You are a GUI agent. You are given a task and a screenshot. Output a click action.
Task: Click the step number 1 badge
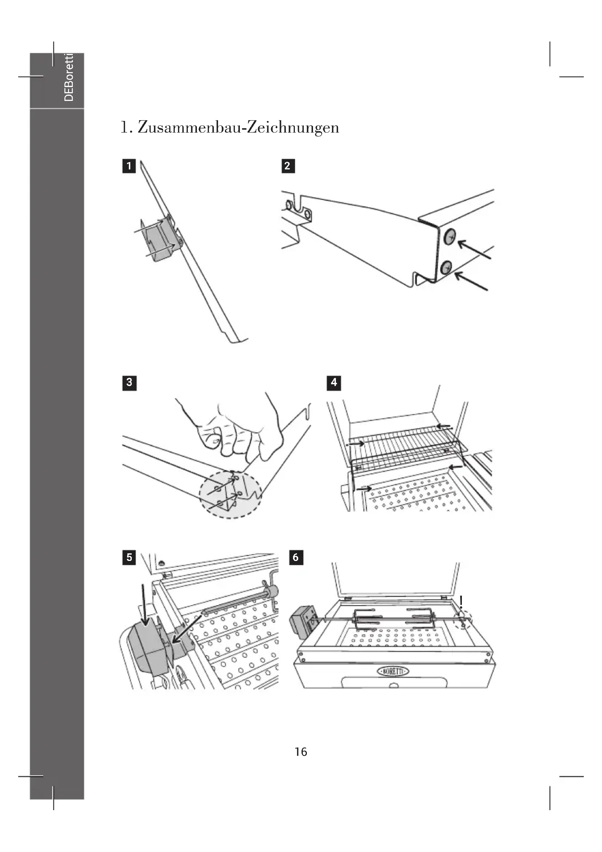coord(128,166)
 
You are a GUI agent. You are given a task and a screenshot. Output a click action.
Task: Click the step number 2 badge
coord(288,166)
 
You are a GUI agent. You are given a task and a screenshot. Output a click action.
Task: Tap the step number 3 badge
coord(129,382)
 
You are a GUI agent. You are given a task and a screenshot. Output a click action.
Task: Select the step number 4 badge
coord(334,382)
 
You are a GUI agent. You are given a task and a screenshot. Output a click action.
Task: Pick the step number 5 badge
coord(129,557)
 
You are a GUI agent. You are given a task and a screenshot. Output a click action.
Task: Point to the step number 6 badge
coord(296,557)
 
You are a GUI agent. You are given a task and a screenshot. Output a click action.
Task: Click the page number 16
coord(301,751)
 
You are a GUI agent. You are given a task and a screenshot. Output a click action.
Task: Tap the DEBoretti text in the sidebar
coord(69,77)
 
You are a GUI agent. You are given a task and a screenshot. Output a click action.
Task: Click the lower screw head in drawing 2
coord(446,267)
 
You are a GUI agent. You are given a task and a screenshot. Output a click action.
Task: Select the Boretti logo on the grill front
coord(393,671)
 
